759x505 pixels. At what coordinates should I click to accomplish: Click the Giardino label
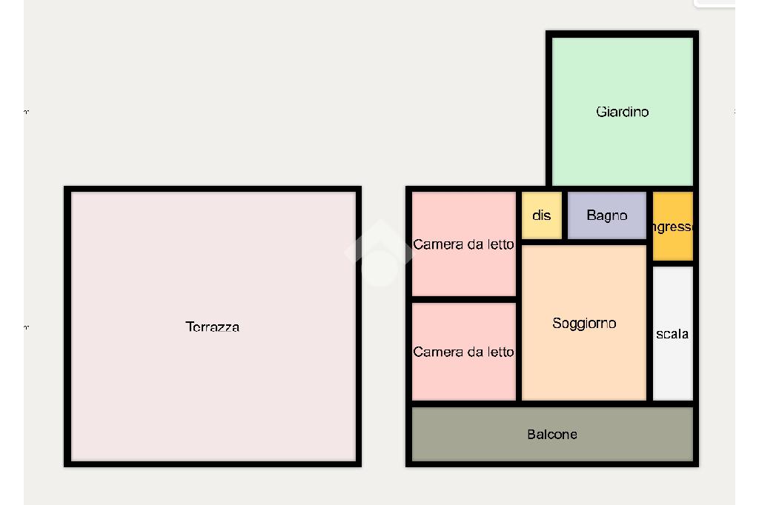coord(622,112)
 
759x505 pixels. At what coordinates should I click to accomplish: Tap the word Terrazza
coord(212,327)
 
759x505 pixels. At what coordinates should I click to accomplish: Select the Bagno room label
coord(606,215)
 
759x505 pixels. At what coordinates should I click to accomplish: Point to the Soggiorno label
coord(584,324)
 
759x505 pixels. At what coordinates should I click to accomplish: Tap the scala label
coord(672,334)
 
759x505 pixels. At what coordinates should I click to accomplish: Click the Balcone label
coord(551,435)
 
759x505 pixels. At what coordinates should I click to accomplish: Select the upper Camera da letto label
coord(463,244)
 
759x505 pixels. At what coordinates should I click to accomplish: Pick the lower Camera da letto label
coord(463,352)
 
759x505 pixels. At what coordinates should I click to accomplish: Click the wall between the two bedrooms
coord(463,299)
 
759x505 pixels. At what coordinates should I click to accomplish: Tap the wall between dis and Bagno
coord(565,215)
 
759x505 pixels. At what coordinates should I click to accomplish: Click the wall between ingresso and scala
coord(673,264)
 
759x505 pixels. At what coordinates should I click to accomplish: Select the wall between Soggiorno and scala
coord(650,333)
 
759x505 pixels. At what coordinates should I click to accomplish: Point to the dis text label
coord(542,215)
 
